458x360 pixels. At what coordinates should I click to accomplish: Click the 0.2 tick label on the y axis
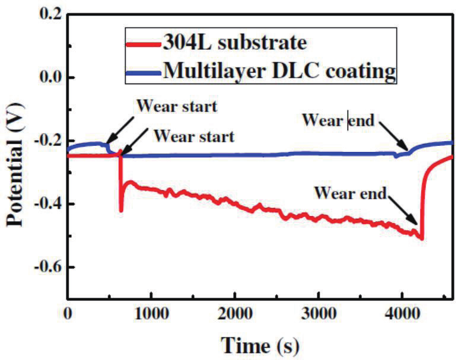click(47, 15)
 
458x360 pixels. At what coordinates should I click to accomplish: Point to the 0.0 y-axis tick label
click(47, 78)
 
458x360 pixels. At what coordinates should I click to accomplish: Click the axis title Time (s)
click(260, 343)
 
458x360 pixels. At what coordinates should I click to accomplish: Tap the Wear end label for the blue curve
click(338, 122)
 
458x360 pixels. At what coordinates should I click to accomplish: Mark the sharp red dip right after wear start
click(121, 210)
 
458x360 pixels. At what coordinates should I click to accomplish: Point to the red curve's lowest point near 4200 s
click(421, 238)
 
